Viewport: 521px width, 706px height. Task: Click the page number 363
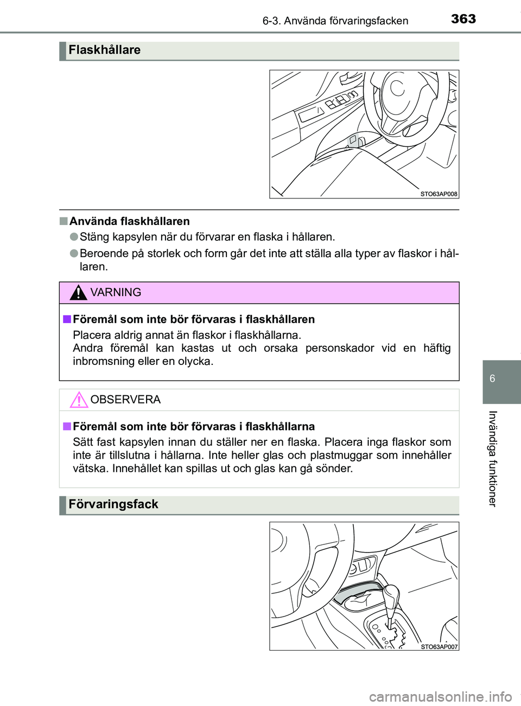click(x=463, y=19)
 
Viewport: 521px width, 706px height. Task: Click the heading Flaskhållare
click(x=104, y=50)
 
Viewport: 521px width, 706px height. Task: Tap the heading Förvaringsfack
click(x=113, y=504)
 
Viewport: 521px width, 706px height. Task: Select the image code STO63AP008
click(x=439, y=194)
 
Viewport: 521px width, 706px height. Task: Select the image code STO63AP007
click(x=439, y=646)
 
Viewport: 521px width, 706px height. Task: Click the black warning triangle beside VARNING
click(x=79, y=293)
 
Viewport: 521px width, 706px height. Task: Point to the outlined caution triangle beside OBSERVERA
click(x=79, y=400)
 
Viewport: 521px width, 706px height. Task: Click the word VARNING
click(x=116, y=293)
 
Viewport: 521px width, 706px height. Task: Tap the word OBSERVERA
click(x=125, y=400)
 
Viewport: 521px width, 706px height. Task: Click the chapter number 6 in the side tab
click(x=492, y=378)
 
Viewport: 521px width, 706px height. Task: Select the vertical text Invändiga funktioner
click(x=492, y=458)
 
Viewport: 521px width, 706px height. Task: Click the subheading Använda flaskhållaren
click(x=129, y=221)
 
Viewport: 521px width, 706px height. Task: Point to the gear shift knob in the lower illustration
click(x=391, y=596)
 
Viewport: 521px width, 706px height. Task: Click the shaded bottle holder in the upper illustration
click(x=356, y=140)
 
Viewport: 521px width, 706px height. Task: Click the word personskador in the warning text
click(x=339, y=348)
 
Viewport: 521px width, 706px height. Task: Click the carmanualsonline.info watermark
click(x=440, y=696)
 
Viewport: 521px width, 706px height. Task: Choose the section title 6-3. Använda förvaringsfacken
click(x=335, y=21)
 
